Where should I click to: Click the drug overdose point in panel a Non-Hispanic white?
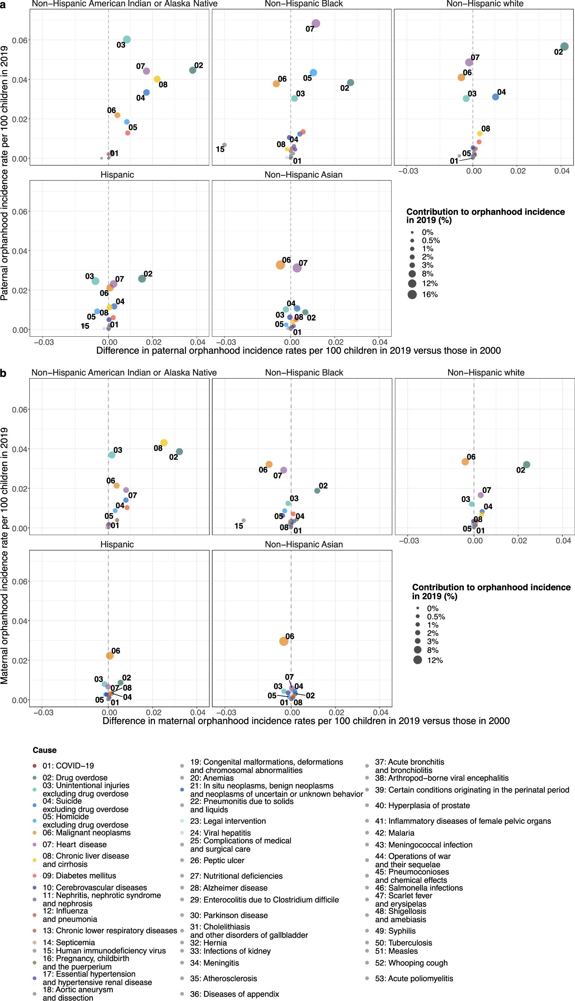pyautogui.click(x=564, y=46)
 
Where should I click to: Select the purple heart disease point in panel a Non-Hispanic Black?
pyautogui.click(x=316, y=23)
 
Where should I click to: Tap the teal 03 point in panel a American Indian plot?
pyautogui.click(x=127, y=40)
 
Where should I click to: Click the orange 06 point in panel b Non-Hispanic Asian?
pyautogui.click(x=284, y=641)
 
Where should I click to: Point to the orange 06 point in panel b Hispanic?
pyautogui.click(x=110, y=656)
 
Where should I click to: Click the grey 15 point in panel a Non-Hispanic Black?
pyautogui.click(x=224, y=145)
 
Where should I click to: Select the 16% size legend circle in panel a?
pyautogui.click(x=412, y=295)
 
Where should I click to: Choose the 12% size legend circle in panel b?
pyautogui.click(x=417, y=660)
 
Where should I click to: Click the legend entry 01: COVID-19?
pyautogui.click(x=68, y=766)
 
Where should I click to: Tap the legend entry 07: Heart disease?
pyautogui.click(x=74, y=844)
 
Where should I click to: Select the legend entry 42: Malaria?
pyautogui.click(x=394, y=833)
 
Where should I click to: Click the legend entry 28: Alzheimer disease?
pyautogui.click(x=229, y=888)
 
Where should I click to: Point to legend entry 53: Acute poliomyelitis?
pyautogui.click(x=414, y=979)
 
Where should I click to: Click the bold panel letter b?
pyautogui.click(x=3, y=373)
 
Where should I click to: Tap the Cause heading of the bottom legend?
pyautogui.click(x=45, y=750)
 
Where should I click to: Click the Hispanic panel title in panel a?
pyautogui.click(x=117, y=175)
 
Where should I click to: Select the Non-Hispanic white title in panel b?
pyautogui.click(x=486, y=373)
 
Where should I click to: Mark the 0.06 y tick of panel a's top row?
pyautogui.click(x=19, y=40)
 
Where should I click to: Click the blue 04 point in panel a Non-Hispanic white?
pyautogui.click(x=495, y=97)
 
